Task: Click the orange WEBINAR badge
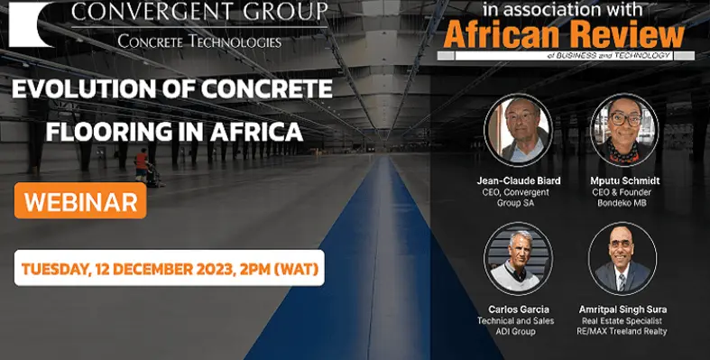coord(79,201)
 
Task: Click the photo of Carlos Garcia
coord(518,257)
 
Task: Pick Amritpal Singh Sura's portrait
coord(622,257)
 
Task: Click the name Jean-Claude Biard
coord(518,180)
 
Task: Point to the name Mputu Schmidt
coord(622,180)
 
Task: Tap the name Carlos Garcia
coord(518,309)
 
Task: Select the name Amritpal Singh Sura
coord(622,309)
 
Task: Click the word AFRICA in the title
coord(257,132)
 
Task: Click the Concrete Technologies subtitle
coord(199,42)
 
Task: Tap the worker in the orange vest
coord(141,163)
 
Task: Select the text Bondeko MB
coord(622,202)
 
